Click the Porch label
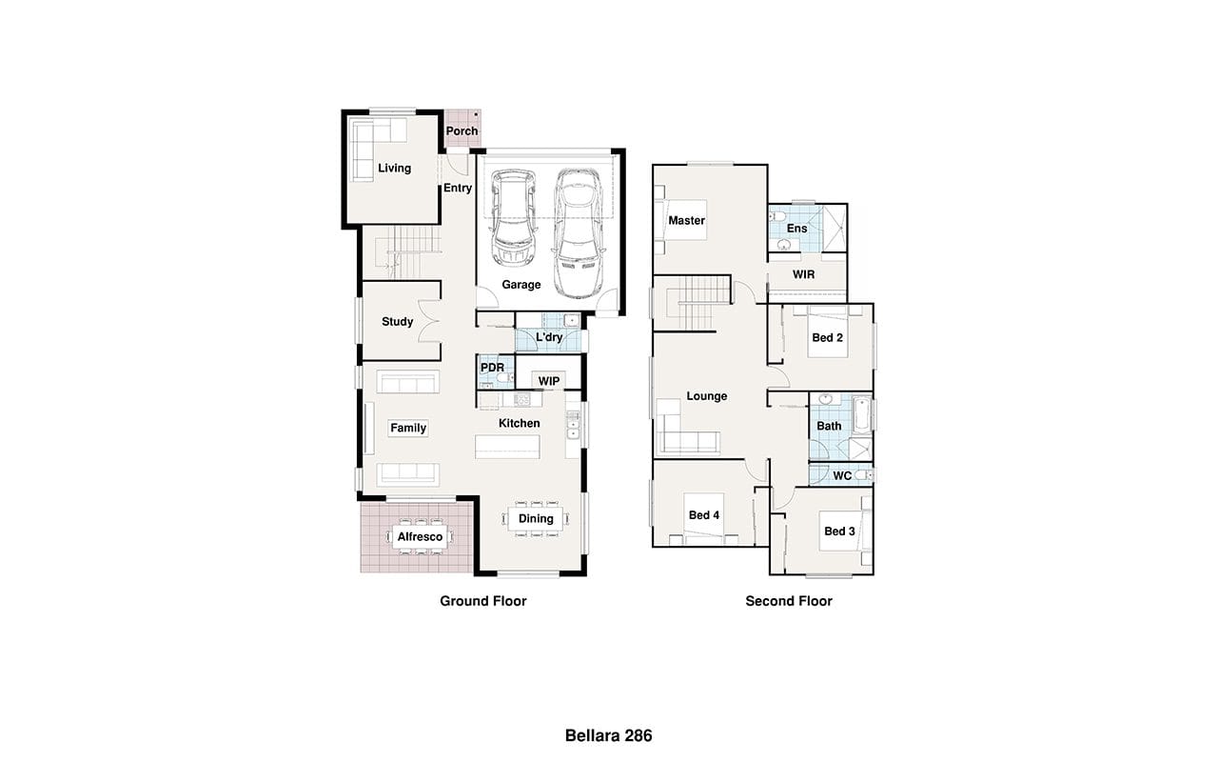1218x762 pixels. click(462, 131)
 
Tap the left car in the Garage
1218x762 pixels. click(513, 218)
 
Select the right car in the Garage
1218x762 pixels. click(579, 233)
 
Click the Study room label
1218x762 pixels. click(397, 322)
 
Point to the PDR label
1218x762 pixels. click(492, 368)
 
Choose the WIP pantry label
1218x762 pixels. click(549, 381)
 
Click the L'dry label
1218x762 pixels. click(549, 337)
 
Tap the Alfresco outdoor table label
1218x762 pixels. click(420, 536)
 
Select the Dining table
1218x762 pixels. click(536, 519)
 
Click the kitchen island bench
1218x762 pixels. click(507, 447)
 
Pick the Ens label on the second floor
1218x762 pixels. click(796, 229)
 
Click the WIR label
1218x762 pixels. click(804, 275)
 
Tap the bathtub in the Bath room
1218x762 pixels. click(862, 415)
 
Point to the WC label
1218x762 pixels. click(842, 476)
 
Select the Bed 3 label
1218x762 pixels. click(839, 531)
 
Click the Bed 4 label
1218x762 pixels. click(703, 515)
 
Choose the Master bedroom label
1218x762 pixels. click(686, 220)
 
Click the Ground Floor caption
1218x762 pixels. click(482, 601)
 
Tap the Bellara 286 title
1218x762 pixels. click(608, 736)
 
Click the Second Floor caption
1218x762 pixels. click(789, 601)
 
